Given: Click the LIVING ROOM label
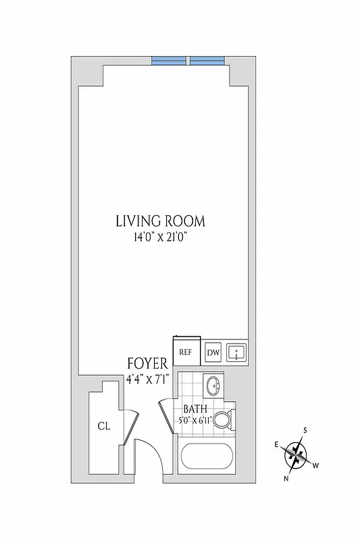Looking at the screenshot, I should point(160,221).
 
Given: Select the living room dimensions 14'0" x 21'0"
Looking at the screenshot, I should point(160,237).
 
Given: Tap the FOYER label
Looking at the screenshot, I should point(147,364).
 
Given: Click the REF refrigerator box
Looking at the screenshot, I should point(186,352).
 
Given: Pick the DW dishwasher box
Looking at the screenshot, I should point(213,352).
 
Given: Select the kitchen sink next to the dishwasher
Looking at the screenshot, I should point(236,352).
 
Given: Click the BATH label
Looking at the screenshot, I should point(195,409).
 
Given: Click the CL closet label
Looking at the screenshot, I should point(103,426).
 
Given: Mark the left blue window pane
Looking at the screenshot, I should point(170,61).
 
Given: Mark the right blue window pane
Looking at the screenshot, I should point(207,61).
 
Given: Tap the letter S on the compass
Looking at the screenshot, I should point(305,430).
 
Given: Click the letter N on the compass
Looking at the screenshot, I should point(286,479).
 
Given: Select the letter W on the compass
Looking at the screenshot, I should point(315,465).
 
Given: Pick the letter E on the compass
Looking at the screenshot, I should point(276,443).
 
